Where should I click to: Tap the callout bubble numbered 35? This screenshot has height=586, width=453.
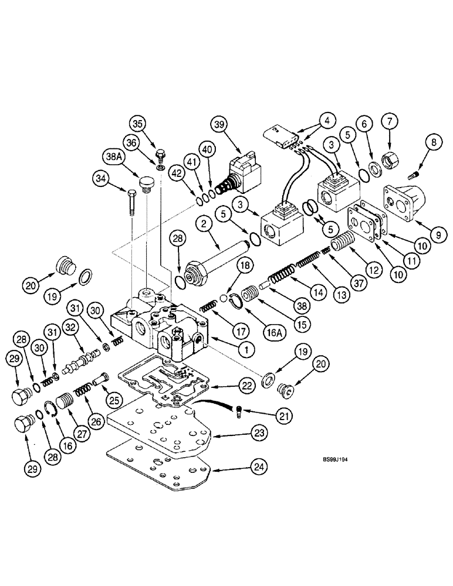point(139,124)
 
